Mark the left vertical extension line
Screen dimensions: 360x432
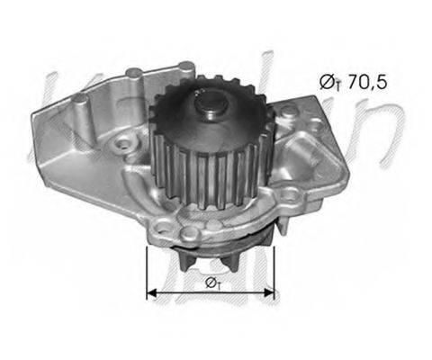146,270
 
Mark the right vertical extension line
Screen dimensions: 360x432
274,270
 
